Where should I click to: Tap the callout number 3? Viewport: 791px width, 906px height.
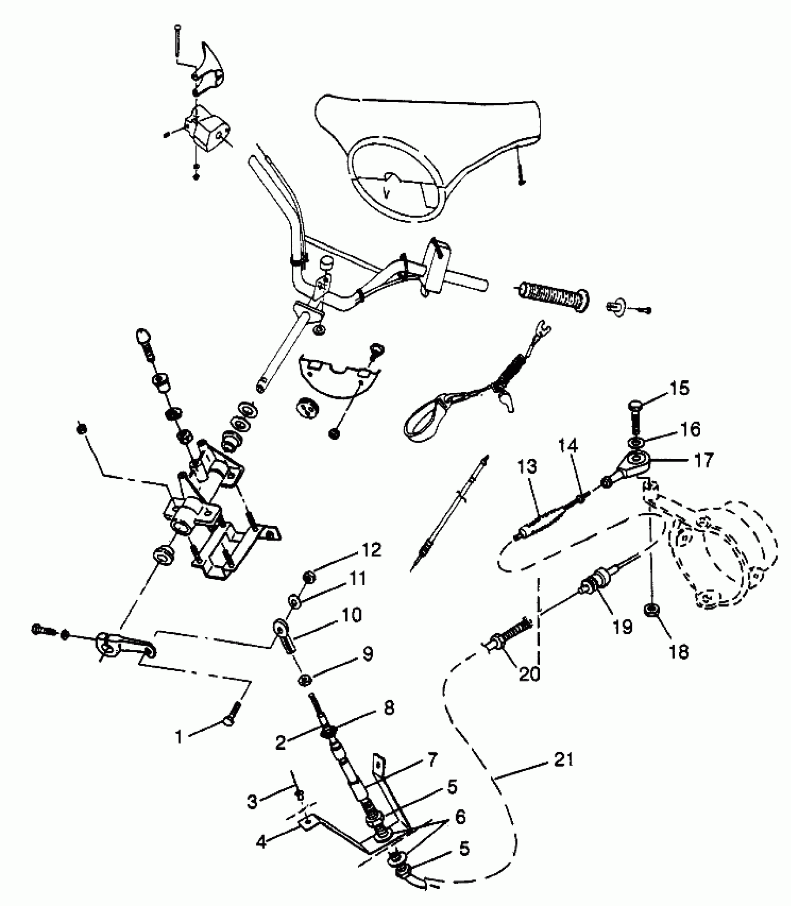pyautogui.click(x=252, y=801)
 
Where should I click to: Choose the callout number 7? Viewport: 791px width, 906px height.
pyautogui.click(x=430, y=760)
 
